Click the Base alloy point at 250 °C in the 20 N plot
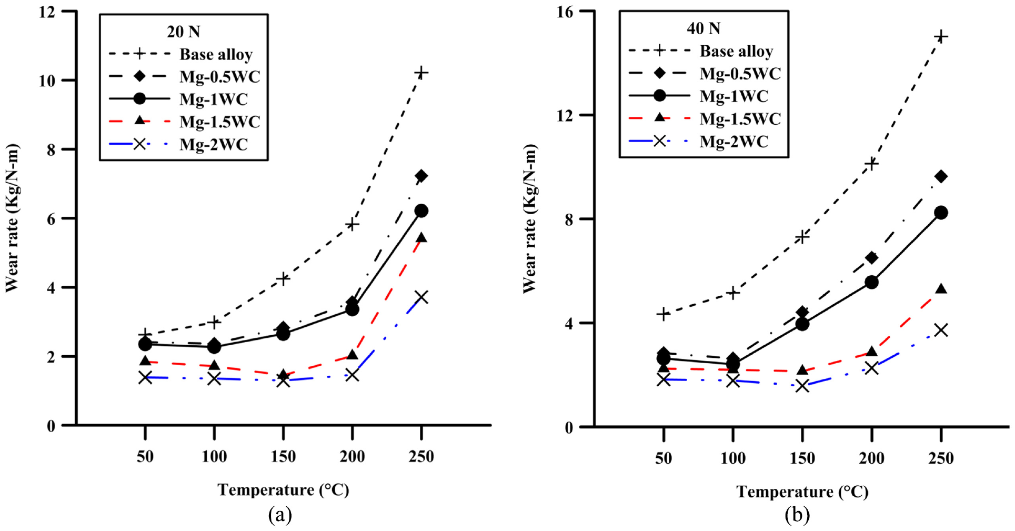421,72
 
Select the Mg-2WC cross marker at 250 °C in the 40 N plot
941,330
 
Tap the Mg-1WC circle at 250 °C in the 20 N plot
421,211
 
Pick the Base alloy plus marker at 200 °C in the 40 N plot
872,164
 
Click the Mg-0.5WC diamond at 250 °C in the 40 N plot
941,176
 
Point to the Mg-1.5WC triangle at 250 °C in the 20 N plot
421,238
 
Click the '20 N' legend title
184,32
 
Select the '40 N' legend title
704,28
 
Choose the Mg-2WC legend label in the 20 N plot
214,144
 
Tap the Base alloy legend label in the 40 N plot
736,51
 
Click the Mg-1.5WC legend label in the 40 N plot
740,119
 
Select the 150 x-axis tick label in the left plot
283,456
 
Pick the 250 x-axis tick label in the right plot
941,458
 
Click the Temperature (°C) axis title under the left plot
284,490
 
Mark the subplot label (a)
280,515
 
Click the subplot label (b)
797,515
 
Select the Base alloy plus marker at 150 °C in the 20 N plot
283,278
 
